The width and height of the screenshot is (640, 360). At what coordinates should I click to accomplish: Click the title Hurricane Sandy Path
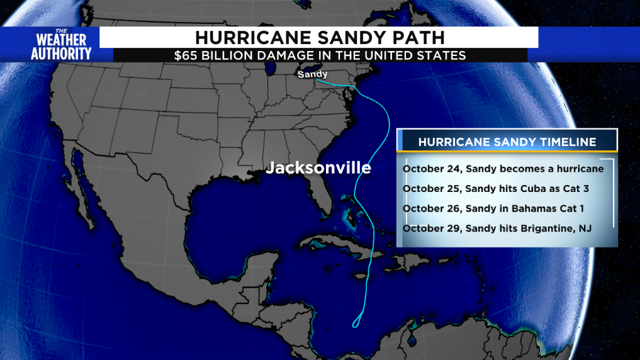point(319,37)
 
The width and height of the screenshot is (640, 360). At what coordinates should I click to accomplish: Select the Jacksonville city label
point(318,168)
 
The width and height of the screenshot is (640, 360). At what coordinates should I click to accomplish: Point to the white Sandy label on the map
point(312,74)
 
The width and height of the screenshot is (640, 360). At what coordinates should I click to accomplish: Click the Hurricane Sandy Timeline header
point(507,142)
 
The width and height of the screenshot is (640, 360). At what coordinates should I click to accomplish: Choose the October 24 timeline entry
point(502,169)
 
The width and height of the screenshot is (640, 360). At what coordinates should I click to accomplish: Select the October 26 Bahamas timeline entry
point(496,208)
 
